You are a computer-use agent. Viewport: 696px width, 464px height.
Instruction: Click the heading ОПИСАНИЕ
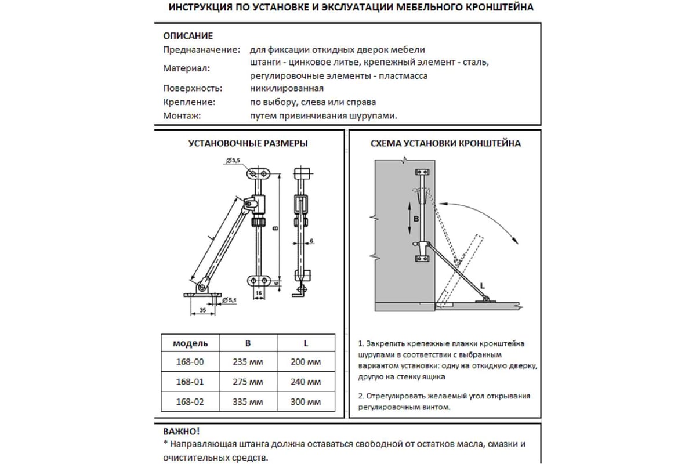click(x=188, y=36)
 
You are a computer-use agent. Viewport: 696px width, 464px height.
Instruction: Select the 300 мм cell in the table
click(x=306, y=402)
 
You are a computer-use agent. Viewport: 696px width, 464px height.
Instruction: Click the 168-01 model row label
click(x=190, y=382)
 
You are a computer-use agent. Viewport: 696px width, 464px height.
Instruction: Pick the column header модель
click(x=190, y=343)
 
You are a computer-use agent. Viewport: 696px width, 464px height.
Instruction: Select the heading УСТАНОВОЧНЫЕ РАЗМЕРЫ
click(x=248, y=143)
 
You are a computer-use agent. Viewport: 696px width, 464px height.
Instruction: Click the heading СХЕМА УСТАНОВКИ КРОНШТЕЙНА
click(x=445, y=143)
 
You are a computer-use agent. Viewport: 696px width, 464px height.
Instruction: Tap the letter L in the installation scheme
click(x=483, y=285)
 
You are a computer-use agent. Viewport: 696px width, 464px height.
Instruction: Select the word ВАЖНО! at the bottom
click(x=181, y=432)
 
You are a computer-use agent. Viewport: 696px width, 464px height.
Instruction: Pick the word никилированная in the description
click(x=287, y=89)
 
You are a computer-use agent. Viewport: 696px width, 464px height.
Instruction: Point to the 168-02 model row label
click(x=190, y=402)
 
